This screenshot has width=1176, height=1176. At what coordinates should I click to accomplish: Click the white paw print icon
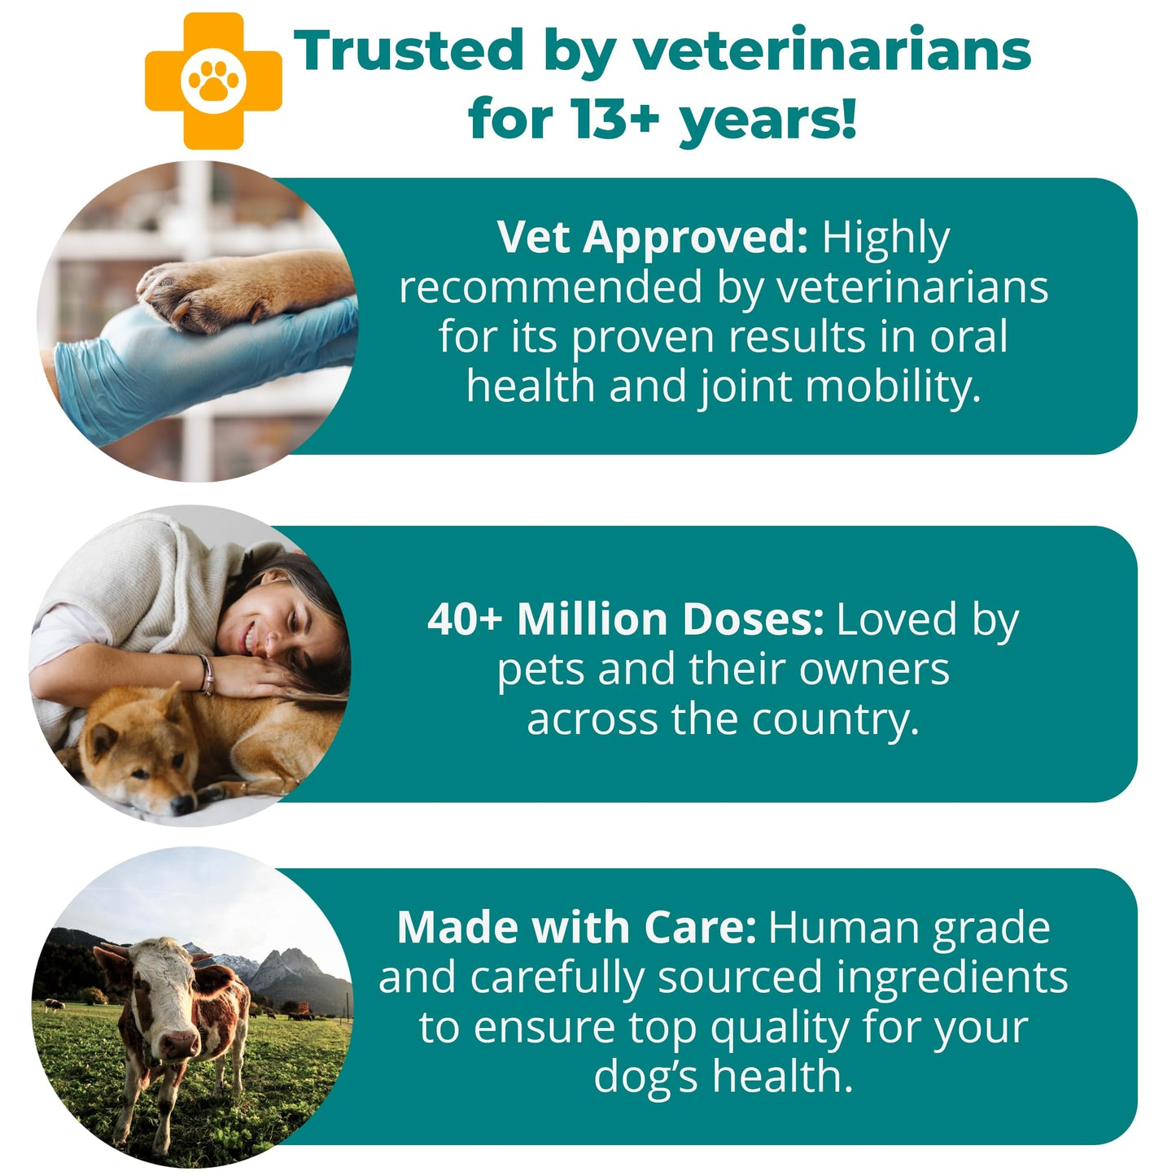point(214,81)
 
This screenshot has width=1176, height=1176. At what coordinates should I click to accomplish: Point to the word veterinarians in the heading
point(832,50)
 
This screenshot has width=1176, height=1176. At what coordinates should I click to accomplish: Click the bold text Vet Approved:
point(652,238)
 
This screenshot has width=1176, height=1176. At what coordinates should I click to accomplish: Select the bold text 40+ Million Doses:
point(625,619)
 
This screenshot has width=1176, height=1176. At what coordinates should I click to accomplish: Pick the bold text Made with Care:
point(576,928)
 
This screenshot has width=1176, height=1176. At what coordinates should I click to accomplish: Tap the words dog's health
point(723,1077)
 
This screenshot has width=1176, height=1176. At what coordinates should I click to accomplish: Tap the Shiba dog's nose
point(180,803)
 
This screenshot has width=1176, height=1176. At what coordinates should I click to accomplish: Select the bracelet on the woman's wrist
point(207,675)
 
